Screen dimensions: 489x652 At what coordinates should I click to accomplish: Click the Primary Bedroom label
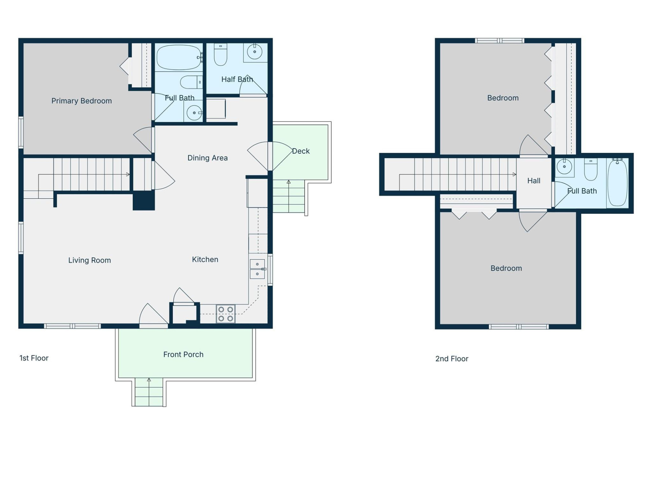(x=81, y=101)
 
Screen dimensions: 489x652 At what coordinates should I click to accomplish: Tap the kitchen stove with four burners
(x=225, y=314)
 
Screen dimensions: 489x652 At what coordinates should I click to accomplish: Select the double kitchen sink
(x=257, y=269)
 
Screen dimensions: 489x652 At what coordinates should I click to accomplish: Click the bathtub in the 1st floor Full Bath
(x=179, y=57)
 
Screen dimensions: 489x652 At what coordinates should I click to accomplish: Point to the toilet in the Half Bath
(x=220, y=55)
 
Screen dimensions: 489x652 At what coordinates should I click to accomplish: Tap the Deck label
(x=301, y=151)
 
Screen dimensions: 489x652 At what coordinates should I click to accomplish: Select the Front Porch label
(x=183, y=355)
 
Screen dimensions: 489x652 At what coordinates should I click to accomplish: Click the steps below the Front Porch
(x=149, y=393)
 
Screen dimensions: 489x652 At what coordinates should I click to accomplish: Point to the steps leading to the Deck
(x=289, y=196)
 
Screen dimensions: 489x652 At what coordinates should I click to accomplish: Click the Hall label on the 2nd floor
(x=533, y=181)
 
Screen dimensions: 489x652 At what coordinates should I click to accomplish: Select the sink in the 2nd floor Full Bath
(x=564, y=167)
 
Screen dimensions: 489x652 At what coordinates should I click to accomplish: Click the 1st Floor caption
(x=34, y=358)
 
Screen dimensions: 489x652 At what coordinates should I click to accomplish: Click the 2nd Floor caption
(x=452, y=359)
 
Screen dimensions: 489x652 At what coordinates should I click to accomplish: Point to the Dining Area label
(x=207, y=158)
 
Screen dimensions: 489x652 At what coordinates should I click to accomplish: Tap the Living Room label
(x=89, y=260)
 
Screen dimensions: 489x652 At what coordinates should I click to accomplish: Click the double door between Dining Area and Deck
(x=270, y=156)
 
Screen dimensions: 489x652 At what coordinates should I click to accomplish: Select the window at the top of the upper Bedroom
(x=499, y=41)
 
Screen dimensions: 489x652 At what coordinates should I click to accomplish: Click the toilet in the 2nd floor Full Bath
(x=591, y=169)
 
